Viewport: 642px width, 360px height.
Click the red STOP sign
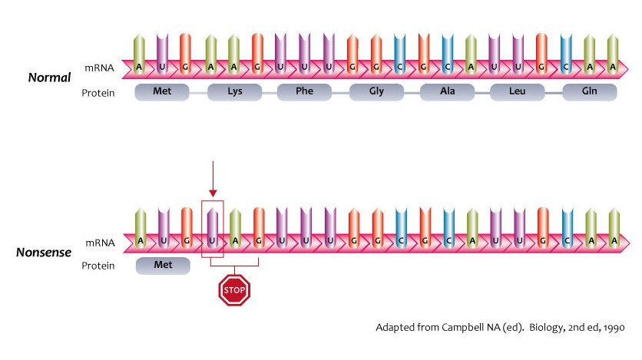(x=235, y=291)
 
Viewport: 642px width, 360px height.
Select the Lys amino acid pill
(x=234, y=93)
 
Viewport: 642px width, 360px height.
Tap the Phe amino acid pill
(x=305, y=93)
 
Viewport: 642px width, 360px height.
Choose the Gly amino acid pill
(x=376, y=93)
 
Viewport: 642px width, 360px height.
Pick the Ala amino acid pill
(x=448, y=93)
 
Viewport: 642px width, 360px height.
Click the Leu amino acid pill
(x=518, y=93)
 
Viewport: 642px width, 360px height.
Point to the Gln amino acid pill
(x=589, y=93)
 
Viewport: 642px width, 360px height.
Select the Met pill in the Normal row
(x=162, y=93)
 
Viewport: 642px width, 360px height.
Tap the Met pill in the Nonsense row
(x=162, y=266)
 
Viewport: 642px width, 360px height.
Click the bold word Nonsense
(x=44, y=252)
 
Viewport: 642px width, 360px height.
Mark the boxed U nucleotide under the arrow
(x=212, y=240)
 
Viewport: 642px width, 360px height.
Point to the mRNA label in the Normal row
(x=100, y=68)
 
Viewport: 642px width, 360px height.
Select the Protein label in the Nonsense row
(x=100, y=266)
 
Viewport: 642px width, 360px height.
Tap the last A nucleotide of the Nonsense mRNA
(x=612, y=240)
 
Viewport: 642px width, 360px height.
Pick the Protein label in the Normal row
(x=100, y=93)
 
